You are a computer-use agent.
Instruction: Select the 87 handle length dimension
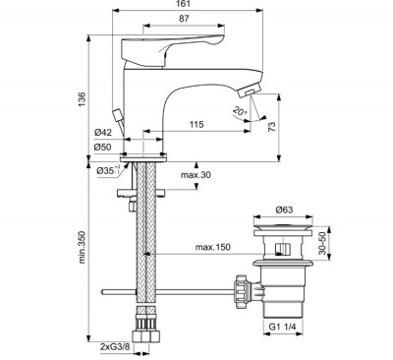[x=184, y=19]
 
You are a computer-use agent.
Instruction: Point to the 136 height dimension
[x=82, y=98]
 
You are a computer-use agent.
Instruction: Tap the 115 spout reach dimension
[x=196, y=124]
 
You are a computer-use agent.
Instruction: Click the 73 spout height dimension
[x=272, y=126]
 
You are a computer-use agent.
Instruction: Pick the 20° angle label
[x=240, y=111]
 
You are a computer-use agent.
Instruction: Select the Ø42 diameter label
[x=103, y=133]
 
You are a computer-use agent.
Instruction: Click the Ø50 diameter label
[x=103, y=148]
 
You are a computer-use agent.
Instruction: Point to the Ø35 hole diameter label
[x=108, y=170]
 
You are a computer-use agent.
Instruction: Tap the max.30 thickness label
[x=196, y=175]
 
